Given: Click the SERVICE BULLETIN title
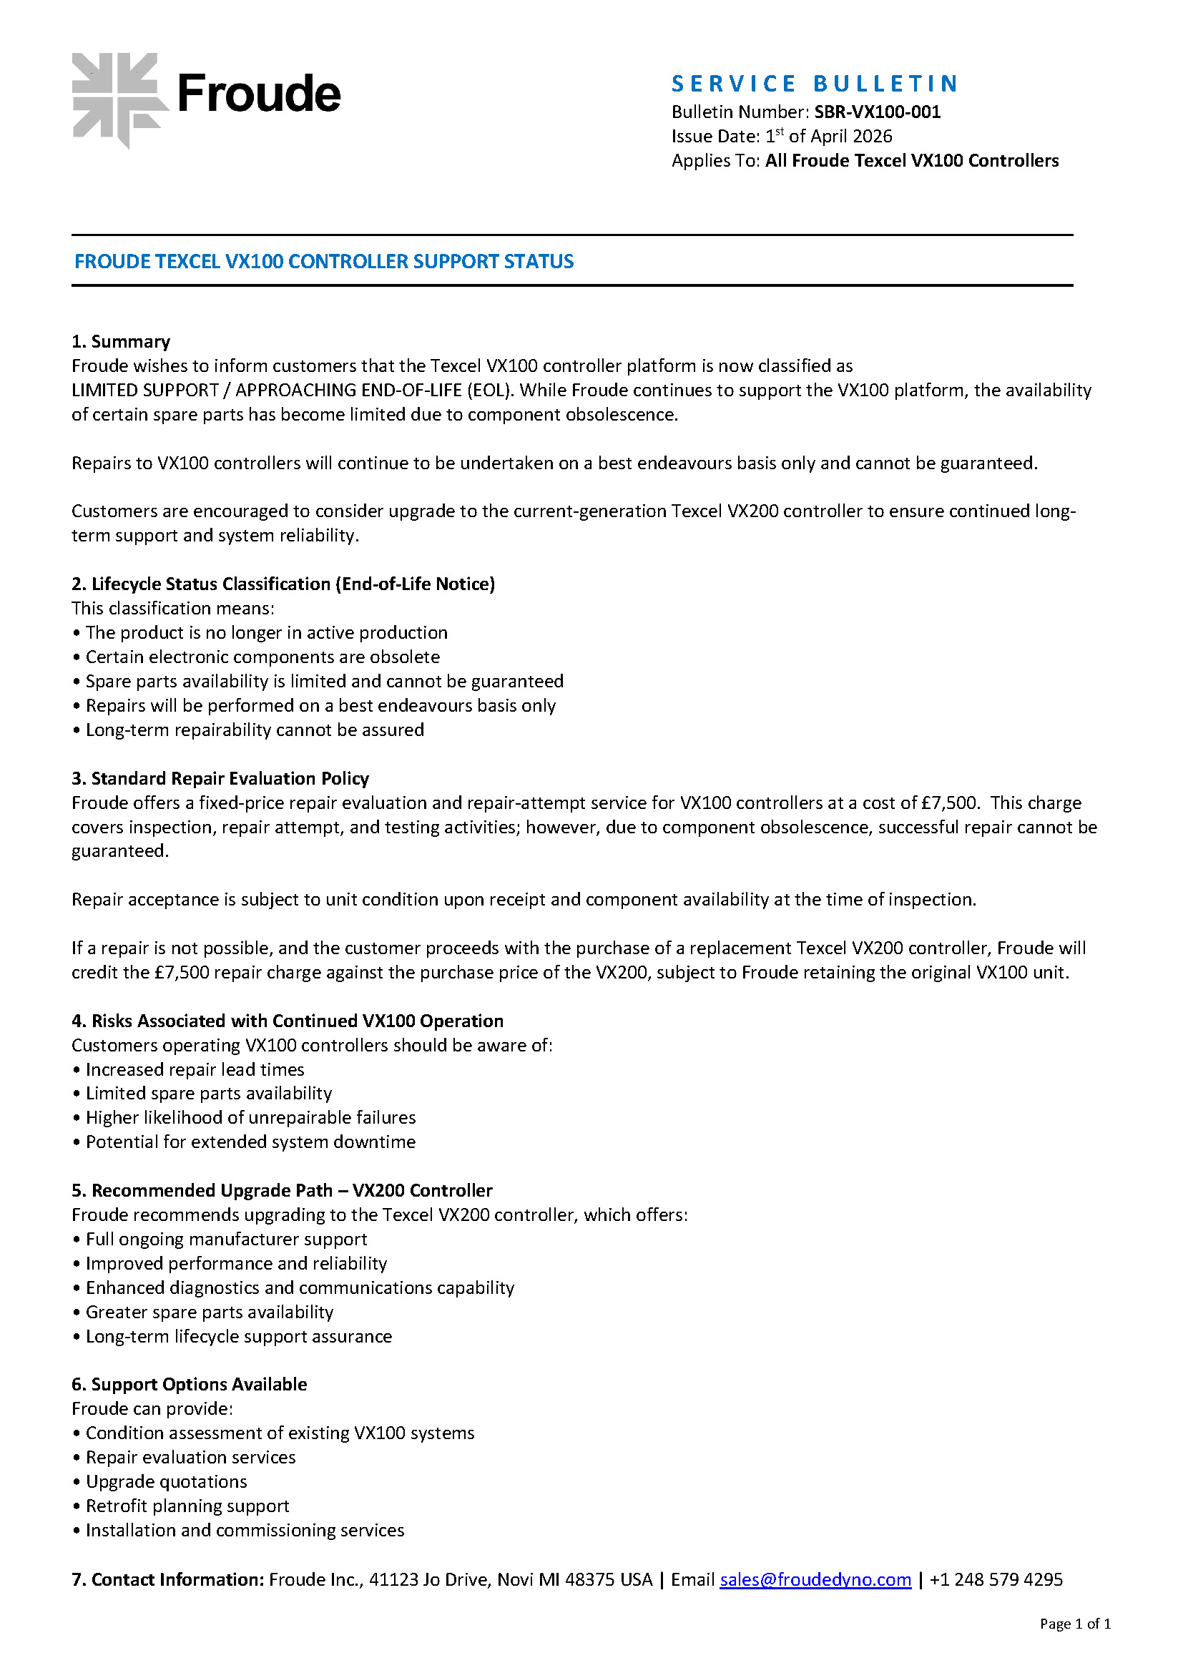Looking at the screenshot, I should click(814, 84).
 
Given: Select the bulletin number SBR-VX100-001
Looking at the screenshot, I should click(877, 112).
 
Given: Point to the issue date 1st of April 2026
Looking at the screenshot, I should click(828, 137).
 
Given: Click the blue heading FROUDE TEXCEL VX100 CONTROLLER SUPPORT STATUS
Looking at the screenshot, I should click(323, 262).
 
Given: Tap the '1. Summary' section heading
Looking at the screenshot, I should click(121, 342).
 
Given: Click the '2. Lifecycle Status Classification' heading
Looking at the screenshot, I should click(283, 584).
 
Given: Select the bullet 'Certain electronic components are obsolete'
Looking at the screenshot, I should click(262, 657).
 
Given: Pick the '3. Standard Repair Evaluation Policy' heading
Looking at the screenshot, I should click(220, 778).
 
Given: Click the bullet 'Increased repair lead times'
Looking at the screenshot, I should click(195, 1069).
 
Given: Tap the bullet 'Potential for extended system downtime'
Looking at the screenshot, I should click(250, 1142).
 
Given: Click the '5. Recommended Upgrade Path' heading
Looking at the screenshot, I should click(282, 1190).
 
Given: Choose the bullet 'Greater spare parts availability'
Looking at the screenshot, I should click(209, 1312).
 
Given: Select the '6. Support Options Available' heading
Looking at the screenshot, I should click(190, 1384).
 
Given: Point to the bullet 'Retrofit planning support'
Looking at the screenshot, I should click(187, 1506).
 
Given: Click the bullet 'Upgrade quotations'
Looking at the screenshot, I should click(166, 1481).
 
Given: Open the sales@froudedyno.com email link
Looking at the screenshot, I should click(815, 1579).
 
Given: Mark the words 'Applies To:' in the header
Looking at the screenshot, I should click(715, 160).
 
